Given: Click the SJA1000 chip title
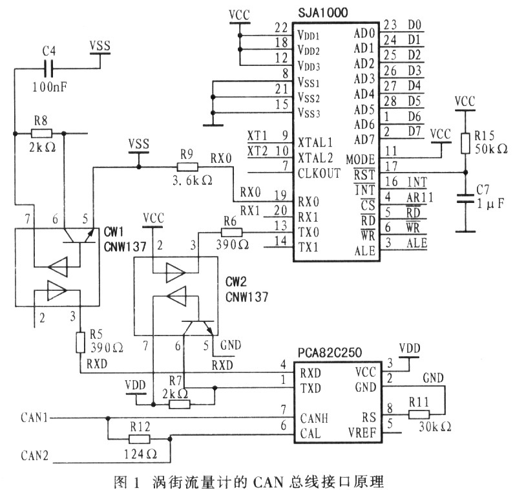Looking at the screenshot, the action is click(322, 13).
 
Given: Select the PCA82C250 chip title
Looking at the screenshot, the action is click(330, 352).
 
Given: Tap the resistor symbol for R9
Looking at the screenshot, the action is click(187, 167).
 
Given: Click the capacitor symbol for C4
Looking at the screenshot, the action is click(48, 69).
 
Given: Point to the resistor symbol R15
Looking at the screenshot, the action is click(465, 144).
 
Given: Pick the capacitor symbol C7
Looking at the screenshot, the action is click(465, 198).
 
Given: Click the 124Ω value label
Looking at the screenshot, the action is click(140, 454).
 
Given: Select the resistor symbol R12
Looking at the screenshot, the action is click(140, 439).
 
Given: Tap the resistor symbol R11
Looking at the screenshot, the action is click(419, 414).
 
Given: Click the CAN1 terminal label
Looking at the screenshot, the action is click(34, 418).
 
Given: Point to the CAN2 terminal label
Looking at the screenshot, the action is click(34, 456).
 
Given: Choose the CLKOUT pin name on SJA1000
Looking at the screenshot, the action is click(319, 173).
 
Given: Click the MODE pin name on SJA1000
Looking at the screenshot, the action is click(361, 160).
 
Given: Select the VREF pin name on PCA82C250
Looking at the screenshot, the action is click(362, 433).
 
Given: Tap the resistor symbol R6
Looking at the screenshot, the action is click(232, 233).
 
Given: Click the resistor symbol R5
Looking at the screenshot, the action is click(81, 343).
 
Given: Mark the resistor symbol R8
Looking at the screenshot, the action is click(41, 133).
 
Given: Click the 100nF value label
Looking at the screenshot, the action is click(50, 87).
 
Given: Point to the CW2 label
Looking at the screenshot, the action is click(236, 282).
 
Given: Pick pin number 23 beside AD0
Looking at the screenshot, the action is click(390, 25).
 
